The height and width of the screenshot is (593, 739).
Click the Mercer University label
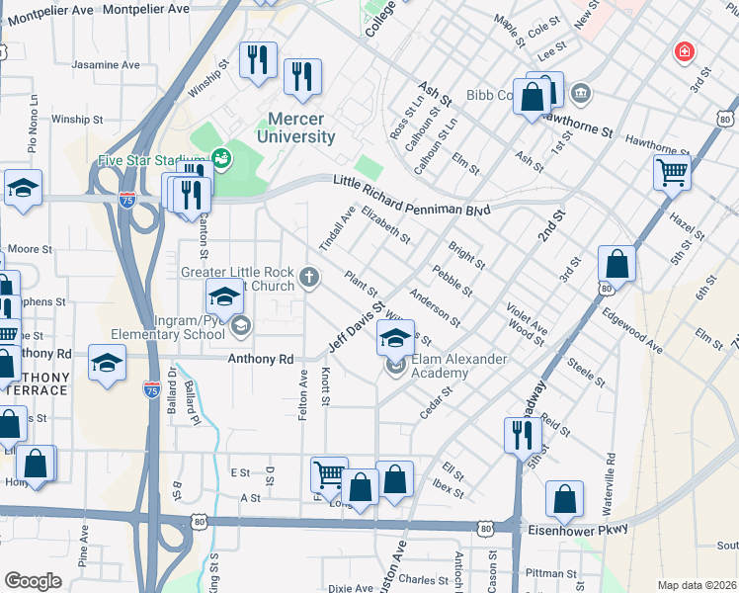(x=295, y=128)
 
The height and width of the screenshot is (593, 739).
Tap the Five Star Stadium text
(x=151, y=159)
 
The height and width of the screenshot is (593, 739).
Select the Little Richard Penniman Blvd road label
(x=411, y=183)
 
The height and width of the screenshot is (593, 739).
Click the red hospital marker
(x=683, y=51)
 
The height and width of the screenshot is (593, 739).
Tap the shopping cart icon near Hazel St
(x=672, y=173)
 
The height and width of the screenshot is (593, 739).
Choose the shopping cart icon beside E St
(x=329, y=474)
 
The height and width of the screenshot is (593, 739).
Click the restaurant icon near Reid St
(x=522, y=434)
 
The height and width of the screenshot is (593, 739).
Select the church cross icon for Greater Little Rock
(x=310, y=277)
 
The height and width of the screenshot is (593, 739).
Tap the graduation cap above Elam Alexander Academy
(x=395, y=340)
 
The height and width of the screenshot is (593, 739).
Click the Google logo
(x=33, y=581)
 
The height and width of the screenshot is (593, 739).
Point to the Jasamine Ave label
(x=106, y=65)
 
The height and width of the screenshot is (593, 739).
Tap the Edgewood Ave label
(x=632, y=330)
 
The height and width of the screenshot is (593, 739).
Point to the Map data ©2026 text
(x=696, y=585)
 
